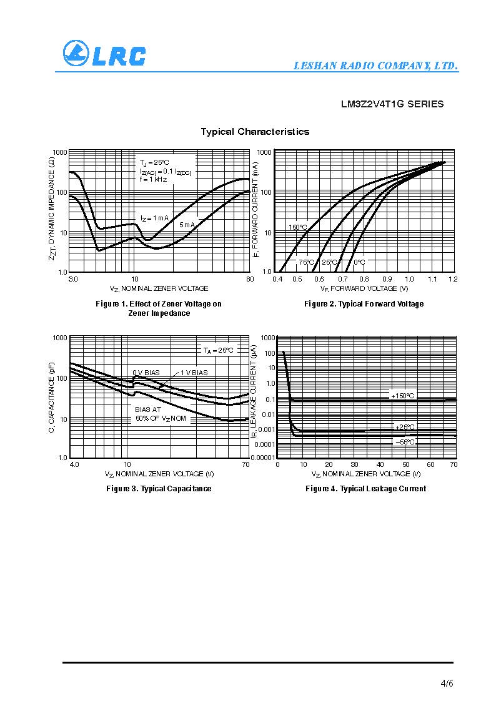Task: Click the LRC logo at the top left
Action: point(104,54)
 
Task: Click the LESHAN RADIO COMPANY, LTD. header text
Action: point(376,66)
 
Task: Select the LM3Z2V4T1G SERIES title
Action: point(392,104)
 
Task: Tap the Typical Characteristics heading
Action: point(255,132)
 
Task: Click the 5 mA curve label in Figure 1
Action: point(187,225)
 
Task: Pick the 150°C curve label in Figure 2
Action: point(297,227)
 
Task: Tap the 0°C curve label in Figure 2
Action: point(359,262)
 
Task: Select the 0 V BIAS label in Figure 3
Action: point(146,373)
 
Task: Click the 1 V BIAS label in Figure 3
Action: point(194,373)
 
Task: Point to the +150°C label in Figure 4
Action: point(402,396)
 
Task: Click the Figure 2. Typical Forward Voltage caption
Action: point(364,304)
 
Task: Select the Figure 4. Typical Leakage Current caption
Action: point(365,489)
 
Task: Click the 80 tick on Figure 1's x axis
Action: point(250,279)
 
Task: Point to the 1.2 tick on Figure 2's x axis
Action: point(453,279)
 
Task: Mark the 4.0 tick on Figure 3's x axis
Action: point(74,465)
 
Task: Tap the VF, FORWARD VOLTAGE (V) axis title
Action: point(364,288)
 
